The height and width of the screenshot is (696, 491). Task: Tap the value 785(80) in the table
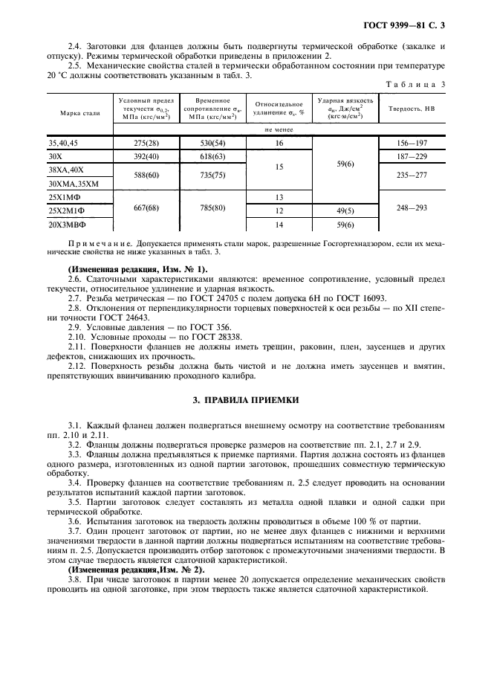click(207, 210)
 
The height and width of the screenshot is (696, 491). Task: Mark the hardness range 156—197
click(411, 142)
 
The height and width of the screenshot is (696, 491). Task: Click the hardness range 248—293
click(411, 210)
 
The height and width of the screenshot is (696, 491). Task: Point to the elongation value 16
click(280, 142)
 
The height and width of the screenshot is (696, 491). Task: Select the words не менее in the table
click(279, 129)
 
